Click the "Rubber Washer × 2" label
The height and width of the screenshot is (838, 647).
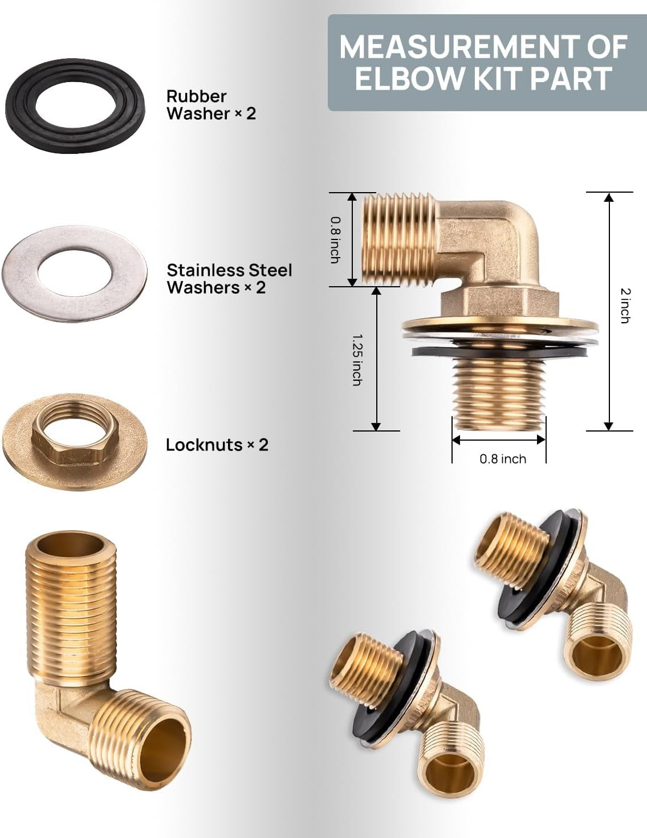[211, 105]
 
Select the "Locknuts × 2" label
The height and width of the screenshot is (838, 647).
[217, 445]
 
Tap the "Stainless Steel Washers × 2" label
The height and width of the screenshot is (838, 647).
[229, 279]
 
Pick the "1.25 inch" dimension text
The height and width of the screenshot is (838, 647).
[357, 360]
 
